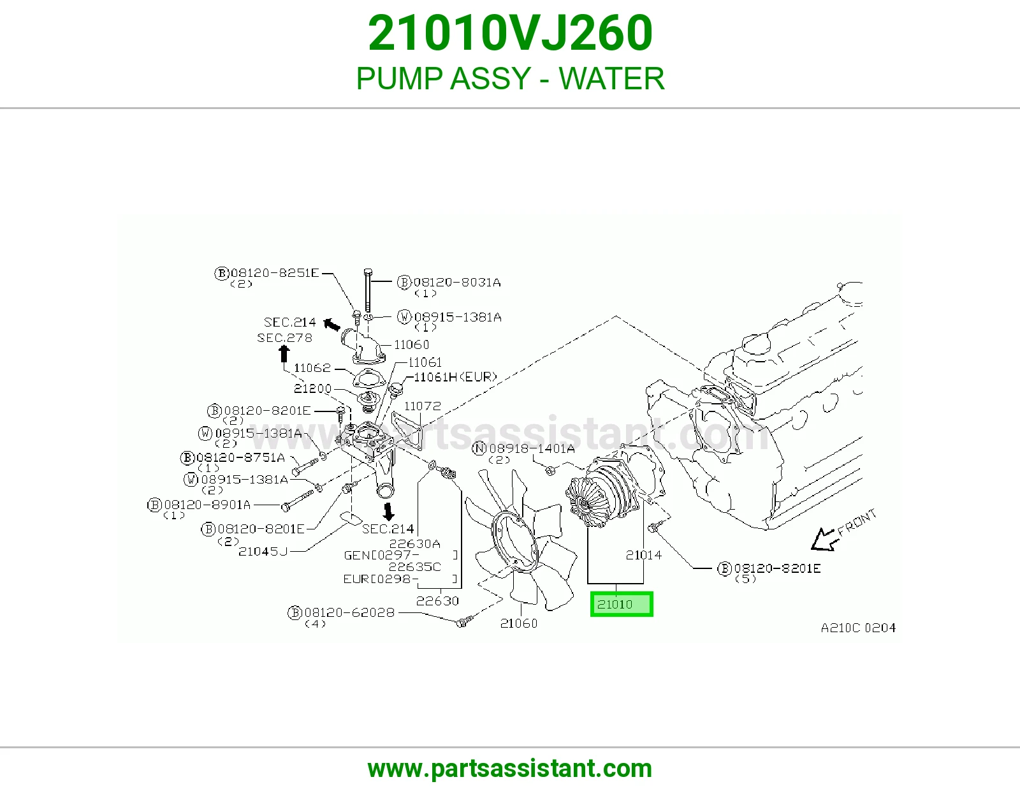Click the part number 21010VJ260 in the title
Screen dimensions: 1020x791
(x=510, y=33)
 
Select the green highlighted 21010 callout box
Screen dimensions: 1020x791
(x=622, y=604)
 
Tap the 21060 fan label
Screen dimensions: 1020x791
(x=519, y=623)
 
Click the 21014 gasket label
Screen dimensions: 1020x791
(x=643, y=555)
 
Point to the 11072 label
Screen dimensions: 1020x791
(x=423, y=406)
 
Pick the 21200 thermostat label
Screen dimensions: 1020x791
(x=312, y=388)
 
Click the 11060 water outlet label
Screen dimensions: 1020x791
(x=411, y=344)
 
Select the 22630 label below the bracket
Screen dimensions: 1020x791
(x=437, y=601)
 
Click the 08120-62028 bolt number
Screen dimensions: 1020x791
(x=349, y=612)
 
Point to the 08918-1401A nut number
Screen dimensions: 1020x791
(x=532, y=448)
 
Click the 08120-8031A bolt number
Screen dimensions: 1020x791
(x=456, y=283)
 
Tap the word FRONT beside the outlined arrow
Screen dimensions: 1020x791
(x=857, y=522)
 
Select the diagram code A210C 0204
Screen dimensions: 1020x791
(x=858, y=628)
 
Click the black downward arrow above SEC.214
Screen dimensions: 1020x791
(x=389, y=512)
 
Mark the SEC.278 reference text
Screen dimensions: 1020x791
(x=284, y=337)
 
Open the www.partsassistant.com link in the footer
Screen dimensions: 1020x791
(x=510, y=769)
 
